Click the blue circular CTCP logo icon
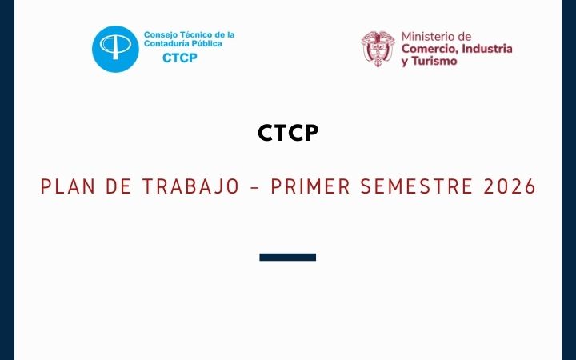[x=116, y=49]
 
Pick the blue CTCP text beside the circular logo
[x=180, y=58]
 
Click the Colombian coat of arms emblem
[x=378, y=49]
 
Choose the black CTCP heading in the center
[x=288, y=134]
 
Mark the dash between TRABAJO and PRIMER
[x=255, y=187]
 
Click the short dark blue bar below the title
[x=288, y=257]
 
